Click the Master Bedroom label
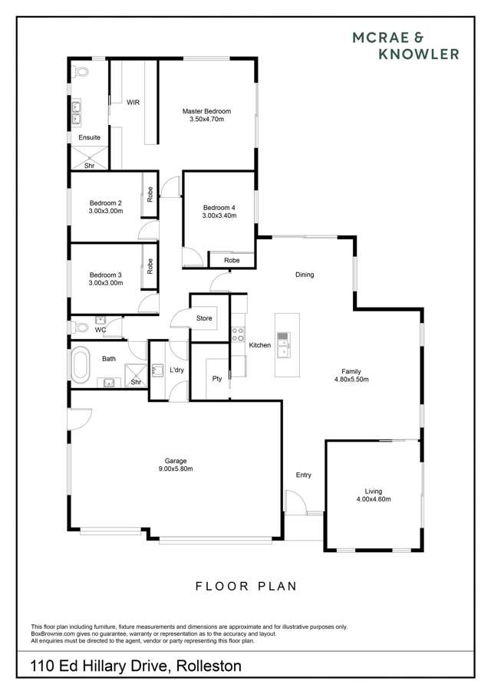[x=206, y=111]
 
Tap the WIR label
[x=133, y=102]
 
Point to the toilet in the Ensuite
[x=82, y=74]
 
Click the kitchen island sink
[x=284, y=346]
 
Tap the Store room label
[x=204, y=317]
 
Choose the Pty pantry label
[x=217, y=378]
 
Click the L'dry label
[x=177, y=370]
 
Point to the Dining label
[x=305, y=275]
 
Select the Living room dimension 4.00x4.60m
[x=374, y=499]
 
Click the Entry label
[x=304, y=475]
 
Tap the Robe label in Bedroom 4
[x=232, y=261]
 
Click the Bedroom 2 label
[x=106, y=202]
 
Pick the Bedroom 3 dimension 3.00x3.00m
[x=106, y=283]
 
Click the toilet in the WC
[x=81, y=327]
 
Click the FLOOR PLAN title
[x=245, y=587]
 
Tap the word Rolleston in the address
[x=209, y=666]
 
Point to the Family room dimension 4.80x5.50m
[x=352, y=379]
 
